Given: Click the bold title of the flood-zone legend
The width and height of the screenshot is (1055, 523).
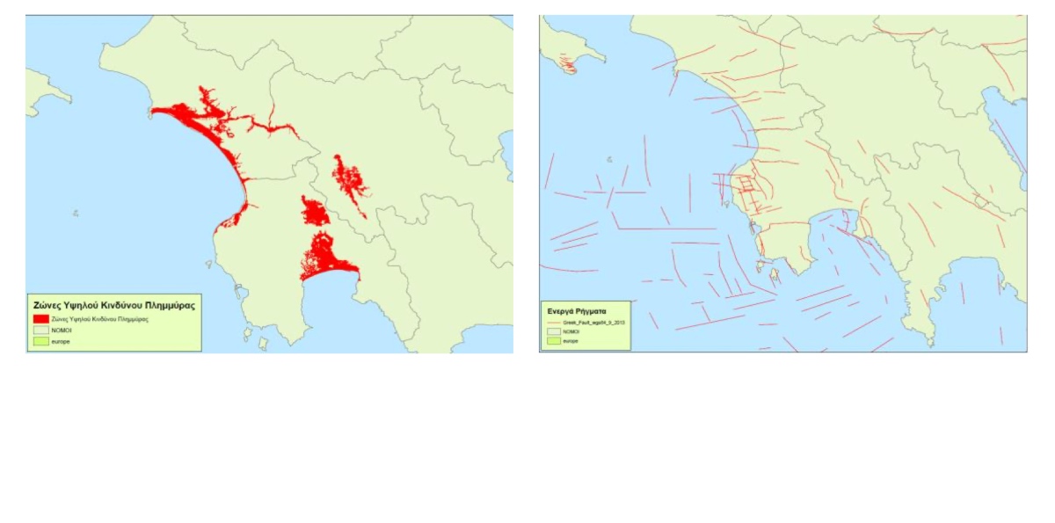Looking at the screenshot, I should [x=113, y=305].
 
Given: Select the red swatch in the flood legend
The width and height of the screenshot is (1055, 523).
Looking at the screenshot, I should [x=41, y=318].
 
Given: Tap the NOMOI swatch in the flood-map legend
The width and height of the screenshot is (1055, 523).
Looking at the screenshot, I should [x=41, y=329].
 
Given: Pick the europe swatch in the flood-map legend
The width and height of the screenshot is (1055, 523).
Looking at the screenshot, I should [x=41, y=339].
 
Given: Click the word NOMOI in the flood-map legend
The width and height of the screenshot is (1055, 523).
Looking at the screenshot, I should [x=61, y=329].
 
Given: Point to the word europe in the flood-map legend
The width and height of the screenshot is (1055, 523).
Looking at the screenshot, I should [x=61, y=339].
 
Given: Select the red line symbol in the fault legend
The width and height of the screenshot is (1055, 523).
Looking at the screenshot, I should [x=554, y=323].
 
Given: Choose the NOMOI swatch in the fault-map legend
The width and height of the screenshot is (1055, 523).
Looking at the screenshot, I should [x=554, y=331].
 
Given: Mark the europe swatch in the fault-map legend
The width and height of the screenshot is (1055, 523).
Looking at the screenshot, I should [x=554, y=341].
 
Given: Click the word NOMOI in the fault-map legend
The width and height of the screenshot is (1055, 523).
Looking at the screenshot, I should [x=571, y=331].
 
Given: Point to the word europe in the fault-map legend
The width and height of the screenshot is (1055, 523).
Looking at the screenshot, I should [x=571, y=341].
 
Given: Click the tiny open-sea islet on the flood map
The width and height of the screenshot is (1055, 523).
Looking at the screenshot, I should [x=76, y=213].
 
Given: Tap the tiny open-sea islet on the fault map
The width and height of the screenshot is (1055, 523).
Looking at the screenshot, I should [x=608, y=160].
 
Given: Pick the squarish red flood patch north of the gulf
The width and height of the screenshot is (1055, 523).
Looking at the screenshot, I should [x=314, y=212].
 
